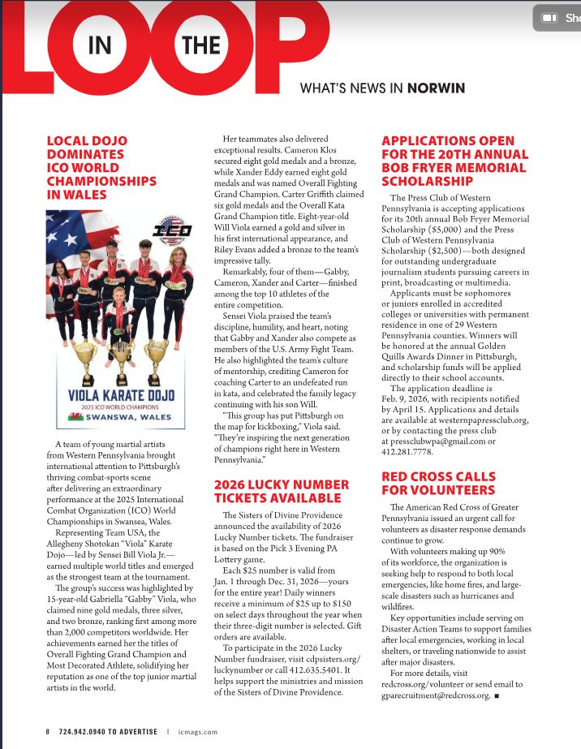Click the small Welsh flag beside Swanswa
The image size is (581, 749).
pyautogui.click(x=81, y=419)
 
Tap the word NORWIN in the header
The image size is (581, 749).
pyautogui.click(x=438, y=88)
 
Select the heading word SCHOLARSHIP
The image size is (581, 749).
pyautogui.click(x=427, y=181)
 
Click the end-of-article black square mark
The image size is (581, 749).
pyautogui.click(x=495, y=695)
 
